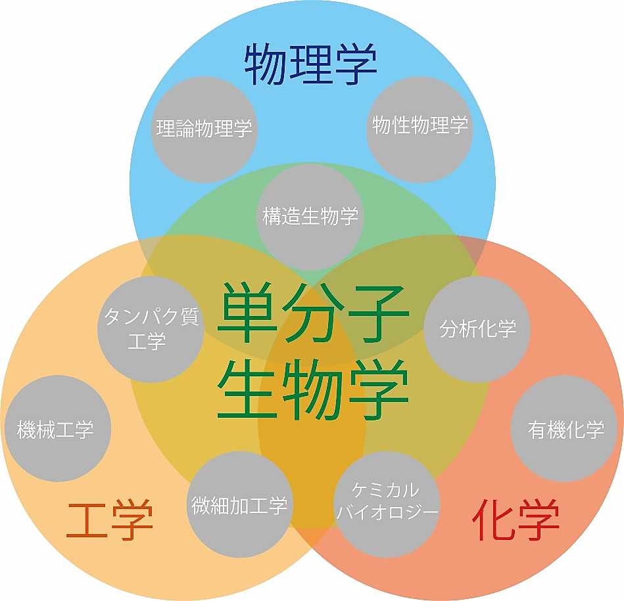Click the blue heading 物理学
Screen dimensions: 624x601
[311, 64]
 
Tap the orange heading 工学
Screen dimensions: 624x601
[110, 520]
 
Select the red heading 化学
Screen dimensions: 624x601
[516, 519]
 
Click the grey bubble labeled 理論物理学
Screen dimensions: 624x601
[204, 129]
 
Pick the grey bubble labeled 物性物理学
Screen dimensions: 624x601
[420, 129]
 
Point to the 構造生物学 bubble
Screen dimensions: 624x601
[311, 217]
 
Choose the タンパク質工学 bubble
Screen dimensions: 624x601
[151, 329]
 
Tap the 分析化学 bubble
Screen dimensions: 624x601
[477, 329]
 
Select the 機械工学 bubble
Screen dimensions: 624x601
[57, 428]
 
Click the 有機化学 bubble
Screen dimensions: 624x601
[564, 428]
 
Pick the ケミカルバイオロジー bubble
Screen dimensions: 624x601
[387, 504]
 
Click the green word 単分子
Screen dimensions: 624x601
[314, 313]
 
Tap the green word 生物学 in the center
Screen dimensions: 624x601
[314, 389]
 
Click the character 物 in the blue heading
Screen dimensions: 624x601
[265, 64]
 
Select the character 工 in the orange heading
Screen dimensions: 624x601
[87, 521]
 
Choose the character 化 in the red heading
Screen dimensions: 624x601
[492, 519]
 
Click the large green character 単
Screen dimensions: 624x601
[247, 313]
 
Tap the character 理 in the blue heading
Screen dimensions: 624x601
[311, 64]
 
